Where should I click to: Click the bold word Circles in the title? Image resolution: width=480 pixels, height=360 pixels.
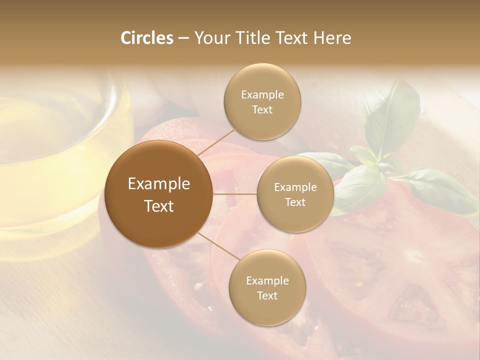147,38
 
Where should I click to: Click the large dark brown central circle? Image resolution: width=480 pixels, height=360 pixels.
159,194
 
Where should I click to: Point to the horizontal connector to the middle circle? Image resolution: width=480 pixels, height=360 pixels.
235,194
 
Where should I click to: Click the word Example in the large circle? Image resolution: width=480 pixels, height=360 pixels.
159,184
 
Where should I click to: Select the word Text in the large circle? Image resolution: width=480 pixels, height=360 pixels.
159,206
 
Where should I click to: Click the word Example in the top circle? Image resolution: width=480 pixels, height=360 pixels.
262,95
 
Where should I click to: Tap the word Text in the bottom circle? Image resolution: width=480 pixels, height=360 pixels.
267,296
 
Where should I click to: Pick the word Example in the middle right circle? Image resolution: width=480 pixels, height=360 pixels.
295,187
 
